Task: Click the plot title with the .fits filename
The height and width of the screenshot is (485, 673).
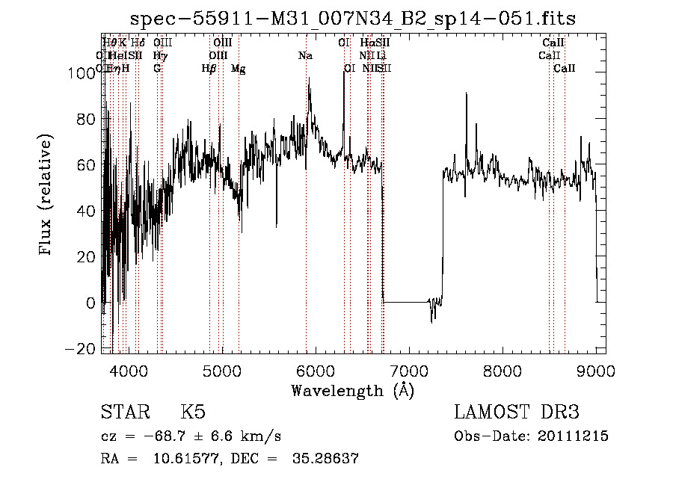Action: (x=353, y=19)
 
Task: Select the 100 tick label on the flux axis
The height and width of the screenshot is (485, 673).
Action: (x=81, y=73)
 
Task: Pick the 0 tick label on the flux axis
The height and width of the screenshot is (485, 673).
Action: (x=91, y=303)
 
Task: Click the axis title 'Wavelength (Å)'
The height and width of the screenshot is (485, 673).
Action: (x=352, y=390)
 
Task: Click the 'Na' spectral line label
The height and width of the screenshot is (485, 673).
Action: (x=305, y=55)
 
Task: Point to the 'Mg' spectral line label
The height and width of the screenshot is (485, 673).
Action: (x=238, y=69)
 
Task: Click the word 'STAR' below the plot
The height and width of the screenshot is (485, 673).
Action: (x=125, y=413)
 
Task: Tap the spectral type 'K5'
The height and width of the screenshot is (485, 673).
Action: (x=193, y=413)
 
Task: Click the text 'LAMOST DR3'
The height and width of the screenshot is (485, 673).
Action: (x=517, y=413)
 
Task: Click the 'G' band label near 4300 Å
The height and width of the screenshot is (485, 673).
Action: (x=157, y=69)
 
